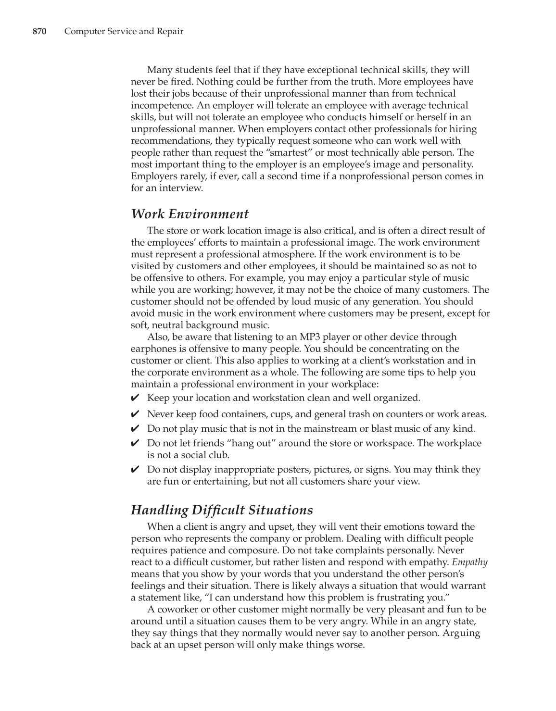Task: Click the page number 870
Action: pos(39,32)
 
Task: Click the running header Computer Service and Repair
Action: pos(124,32)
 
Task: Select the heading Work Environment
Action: pos(190,214)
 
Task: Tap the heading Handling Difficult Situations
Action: pos(222,510)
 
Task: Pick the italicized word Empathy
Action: pos(469,562)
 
